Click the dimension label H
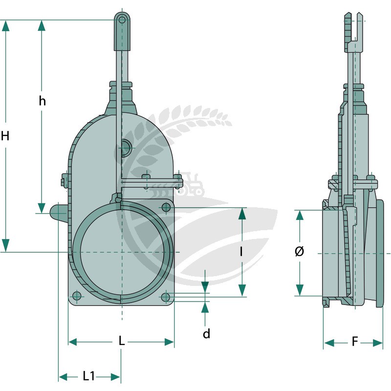5,136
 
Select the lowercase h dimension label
43,101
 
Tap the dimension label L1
89,376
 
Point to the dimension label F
355,341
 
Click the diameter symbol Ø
299,251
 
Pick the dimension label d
206,333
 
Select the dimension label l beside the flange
241,251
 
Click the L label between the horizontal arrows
121,341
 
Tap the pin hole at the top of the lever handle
122,20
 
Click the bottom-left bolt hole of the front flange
77,297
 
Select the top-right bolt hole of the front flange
166,207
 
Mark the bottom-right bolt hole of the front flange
166,297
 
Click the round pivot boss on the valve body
126,148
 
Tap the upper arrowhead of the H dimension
5,26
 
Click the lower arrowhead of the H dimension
5,245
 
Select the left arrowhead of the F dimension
329,343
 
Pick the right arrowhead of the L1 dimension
115,376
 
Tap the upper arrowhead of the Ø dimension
300,215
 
